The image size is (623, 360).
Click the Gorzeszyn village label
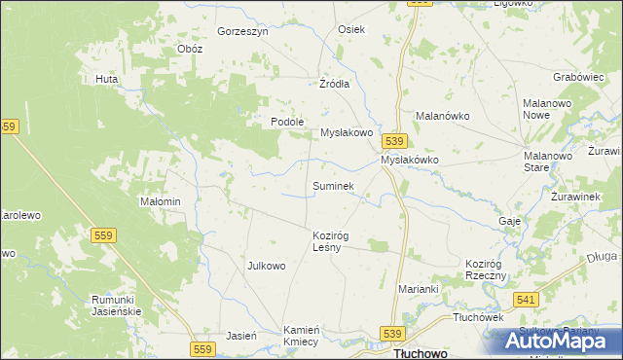tap(242, 31)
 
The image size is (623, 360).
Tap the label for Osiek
tap(350, 29)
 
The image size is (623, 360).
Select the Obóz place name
tap(189, 50)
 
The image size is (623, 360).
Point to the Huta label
tap(106, 79)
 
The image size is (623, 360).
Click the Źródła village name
tap(334, 84)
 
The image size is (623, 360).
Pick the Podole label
tap(288, 122)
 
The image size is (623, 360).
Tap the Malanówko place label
tap(443, 115)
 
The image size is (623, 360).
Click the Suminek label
tap(333, 185)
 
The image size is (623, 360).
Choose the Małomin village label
tap(161, 201)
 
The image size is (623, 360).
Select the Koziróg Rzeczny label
tap(487, 270)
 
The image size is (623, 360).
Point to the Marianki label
tap(420, 289)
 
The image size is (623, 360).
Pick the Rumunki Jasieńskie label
tap(117, 305)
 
